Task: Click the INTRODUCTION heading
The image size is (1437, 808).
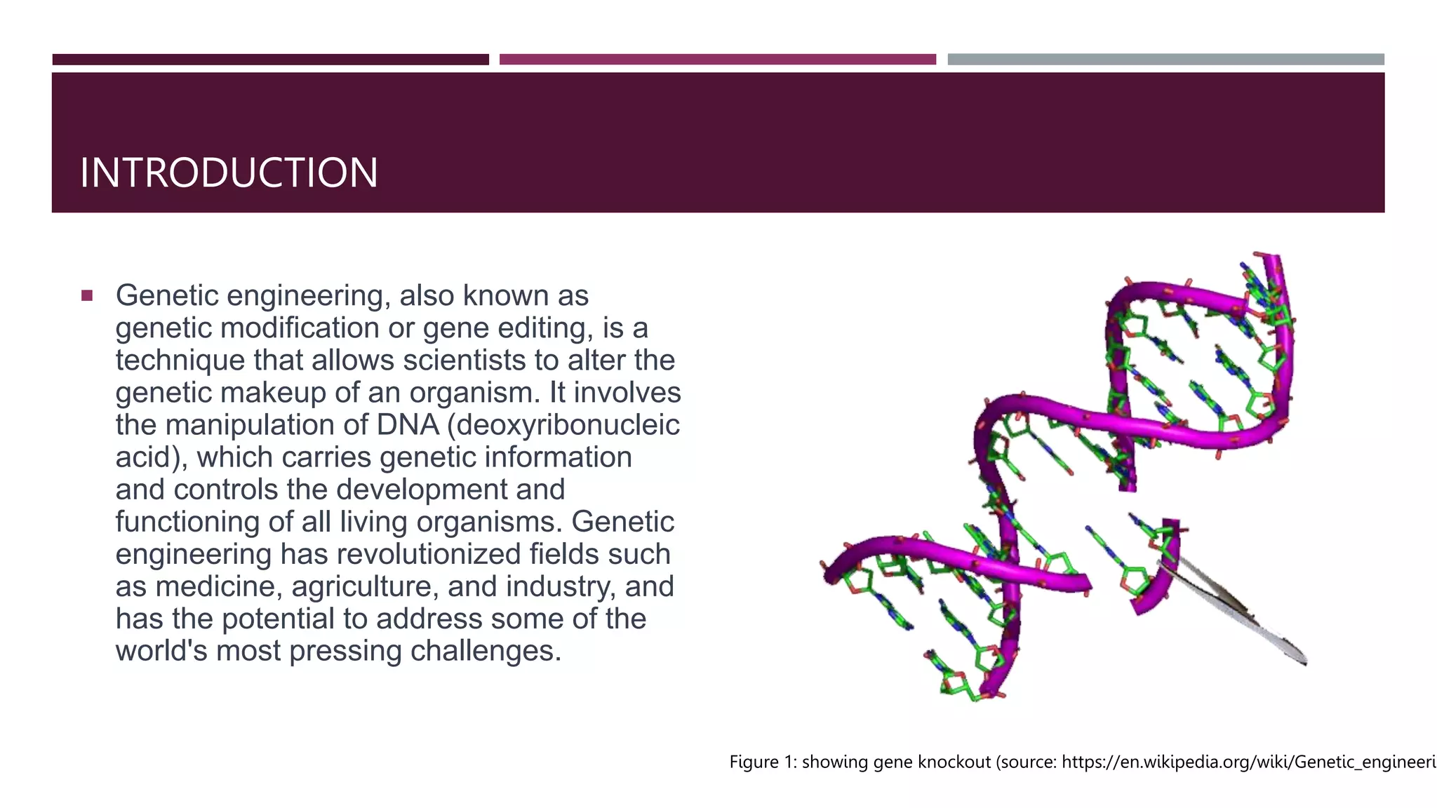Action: pyautogui.click(x=229, y=173)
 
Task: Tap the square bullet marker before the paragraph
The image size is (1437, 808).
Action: pyautogui.click(x=87, y=295)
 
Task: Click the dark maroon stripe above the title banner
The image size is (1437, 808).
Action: pyautogui.click(x=270, y=60)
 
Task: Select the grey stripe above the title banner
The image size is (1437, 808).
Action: pyautogui.click(x=1165, y=60)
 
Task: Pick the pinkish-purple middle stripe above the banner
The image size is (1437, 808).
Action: pyautogui.click(x=717, y=60)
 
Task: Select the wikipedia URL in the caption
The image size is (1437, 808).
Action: pyautogui.click(x=1249, y=762)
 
